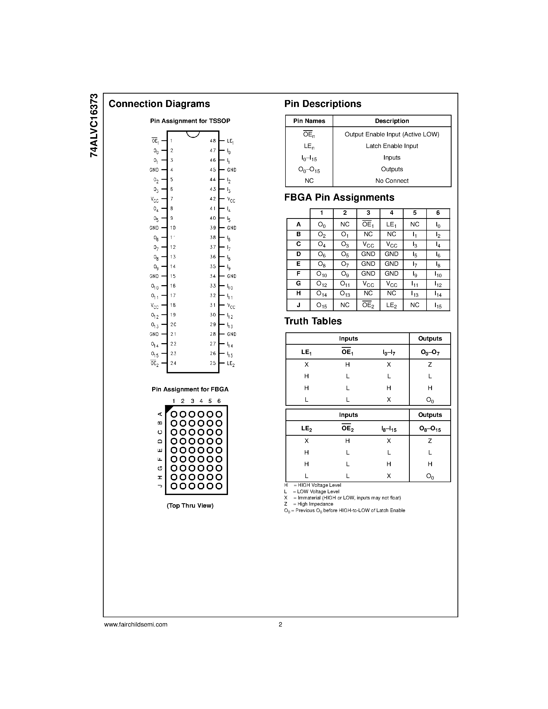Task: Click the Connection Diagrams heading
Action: click(x=159, y=104)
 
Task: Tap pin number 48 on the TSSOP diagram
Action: click(x=213, y=141)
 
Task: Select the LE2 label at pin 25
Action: click(x=231, y=364)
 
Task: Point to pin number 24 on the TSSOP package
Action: click(x=173, y=363)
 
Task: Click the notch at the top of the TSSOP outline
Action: click(x=193, y=134)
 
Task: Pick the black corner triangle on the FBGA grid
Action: click(x=168, y=409)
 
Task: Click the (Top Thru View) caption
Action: click(x=190, y=506)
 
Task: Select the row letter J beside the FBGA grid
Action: click(x=160, y=486)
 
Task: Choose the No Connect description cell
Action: click(x=391, y=181)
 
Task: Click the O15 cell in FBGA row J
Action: click(x=321, y=305)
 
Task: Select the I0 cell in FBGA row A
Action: click(x=438, y=225)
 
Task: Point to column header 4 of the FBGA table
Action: click(x=391, y=213)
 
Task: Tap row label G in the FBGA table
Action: click(x=298, y=283)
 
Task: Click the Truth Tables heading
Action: click(x=313, y=321)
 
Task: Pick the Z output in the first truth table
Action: click(x=430, y=365)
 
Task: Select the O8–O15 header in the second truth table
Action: click(x=430, y=429)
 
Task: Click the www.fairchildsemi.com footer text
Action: click(x=136, y=624)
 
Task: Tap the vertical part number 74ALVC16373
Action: click(x=94, y=125)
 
